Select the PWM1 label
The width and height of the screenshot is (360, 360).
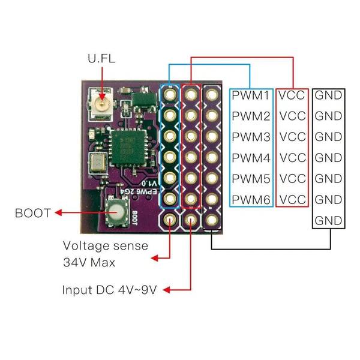tap(250, 95)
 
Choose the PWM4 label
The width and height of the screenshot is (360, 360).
tap(250, 158)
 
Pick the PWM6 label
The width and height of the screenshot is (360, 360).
tap(250, 199)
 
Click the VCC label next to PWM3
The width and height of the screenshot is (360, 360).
tap(293, 137)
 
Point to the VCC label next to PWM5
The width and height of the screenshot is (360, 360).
tap(293, 179)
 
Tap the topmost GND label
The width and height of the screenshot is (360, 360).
tap(328, 95)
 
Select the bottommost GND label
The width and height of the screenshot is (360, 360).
tap(328, 220)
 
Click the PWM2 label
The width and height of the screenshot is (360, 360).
tap(250, 116)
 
